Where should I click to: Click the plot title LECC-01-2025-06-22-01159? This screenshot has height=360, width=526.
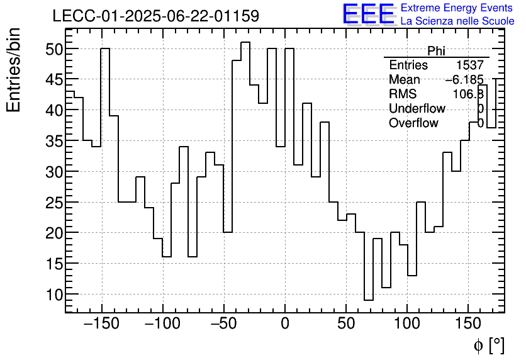(155, 16)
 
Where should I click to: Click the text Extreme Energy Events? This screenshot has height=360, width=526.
(457, 8)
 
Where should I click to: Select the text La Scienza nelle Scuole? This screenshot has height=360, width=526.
(457, 21)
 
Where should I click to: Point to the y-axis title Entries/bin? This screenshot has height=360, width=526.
(14, 70)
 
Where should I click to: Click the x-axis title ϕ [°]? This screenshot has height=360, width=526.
(488, 345)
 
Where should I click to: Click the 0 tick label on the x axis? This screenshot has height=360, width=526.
(285, 325)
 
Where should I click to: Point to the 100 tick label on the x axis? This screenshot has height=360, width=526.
(408, 325)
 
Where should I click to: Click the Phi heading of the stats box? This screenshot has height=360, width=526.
(436, 51)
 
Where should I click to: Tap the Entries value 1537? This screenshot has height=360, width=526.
(470, 65)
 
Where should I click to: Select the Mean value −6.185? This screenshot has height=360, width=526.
(464, 80)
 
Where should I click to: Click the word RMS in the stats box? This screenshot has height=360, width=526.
(403, 94)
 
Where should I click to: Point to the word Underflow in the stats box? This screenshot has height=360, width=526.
(417, 109)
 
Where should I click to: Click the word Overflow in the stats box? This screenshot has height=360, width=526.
(413, 123)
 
